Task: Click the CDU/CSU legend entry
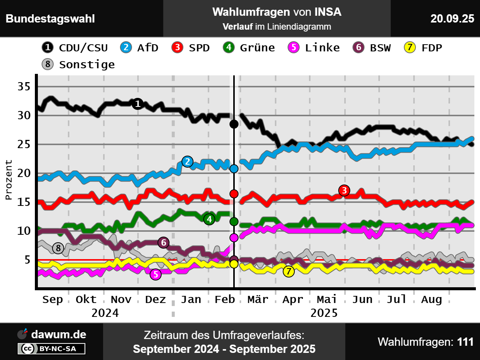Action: point(75,48)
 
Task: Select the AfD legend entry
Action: point(139,48)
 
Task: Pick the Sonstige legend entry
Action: point(78,64)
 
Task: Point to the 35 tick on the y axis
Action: point(24,87)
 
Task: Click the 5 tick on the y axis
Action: point(27,259)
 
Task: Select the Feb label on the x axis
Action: point(225,299)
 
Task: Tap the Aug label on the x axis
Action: point(431,299)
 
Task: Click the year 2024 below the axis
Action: point(105,313)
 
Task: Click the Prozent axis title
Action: point(9,180)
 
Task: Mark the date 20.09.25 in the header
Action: point(452,19)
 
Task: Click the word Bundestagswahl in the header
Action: point(50,19)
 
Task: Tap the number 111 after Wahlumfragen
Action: point(465,342)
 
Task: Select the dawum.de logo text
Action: point(58,334)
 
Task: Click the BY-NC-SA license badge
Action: point(52,349)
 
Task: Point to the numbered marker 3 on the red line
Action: point(344,190)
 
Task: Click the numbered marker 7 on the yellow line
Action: point(288,271)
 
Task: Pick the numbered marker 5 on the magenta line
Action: point(156,274)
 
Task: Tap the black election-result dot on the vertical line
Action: point(234,124)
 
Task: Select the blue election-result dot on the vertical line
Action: point(234,169)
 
